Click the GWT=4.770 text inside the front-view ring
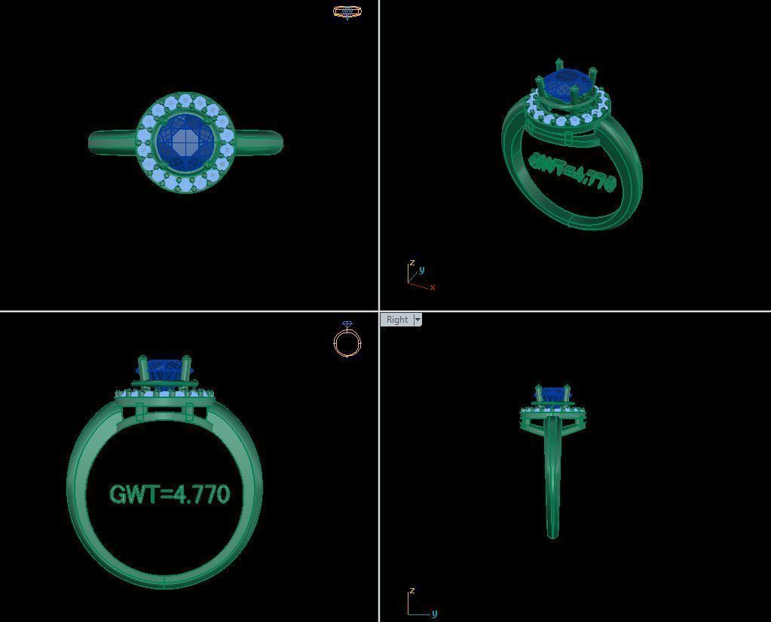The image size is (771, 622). [170, 495]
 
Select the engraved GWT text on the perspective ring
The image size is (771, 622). [573, 173]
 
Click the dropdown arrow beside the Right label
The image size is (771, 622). [418, 320]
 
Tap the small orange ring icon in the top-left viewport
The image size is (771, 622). [347, 11]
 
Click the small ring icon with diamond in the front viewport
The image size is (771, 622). [347, 340]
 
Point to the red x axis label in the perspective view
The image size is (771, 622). [433, 287]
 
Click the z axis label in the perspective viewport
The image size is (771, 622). [412, 263]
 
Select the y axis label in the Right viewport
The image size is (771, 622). [434, 613]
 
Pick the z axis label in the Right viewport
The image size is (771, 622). [411, 590]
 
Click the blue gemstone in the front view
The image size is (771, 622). [164, 369]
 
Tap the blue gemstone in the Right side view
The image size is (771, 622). [553, 394]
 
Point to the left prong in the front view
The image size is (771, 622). [142, 369]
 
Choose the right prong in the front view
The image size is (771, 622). [186, 369]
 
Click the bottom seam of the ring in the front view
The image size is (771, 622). [164, 581]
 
